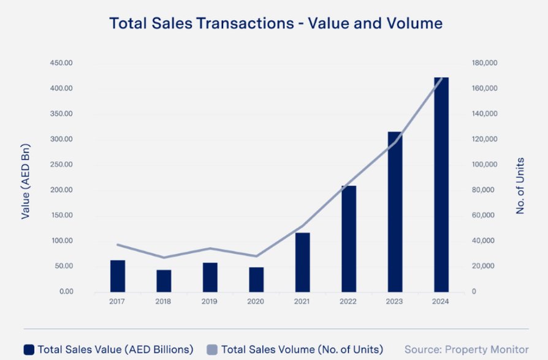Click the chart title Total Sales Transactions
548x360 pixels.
[275, 24]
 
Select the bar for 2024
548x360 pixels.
[441, 184]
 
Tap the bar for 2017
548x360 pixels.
[118, 276]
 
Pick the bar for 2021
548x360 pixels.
[303, 262]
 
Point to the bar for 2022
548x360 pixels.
[349, 239]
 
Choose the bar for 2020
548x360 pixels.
[256, 280]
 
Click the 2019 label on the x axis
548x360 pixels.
[210, 301]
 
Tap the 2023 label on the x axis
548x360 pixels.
[395, 301]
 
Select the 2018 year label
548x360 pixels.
[164, 301]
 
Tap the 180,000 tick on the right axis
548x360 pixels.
[484, 63]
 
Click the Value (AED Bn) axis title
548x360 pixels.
[26, 181]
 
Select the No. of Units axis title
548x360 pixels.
[520, 186]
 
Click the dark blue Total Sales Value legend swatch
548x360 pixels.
[29, 350]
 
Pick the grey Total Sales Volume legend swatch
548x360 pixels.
[212, 350]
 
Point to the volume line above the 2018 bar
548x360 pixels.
[164, 258]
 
